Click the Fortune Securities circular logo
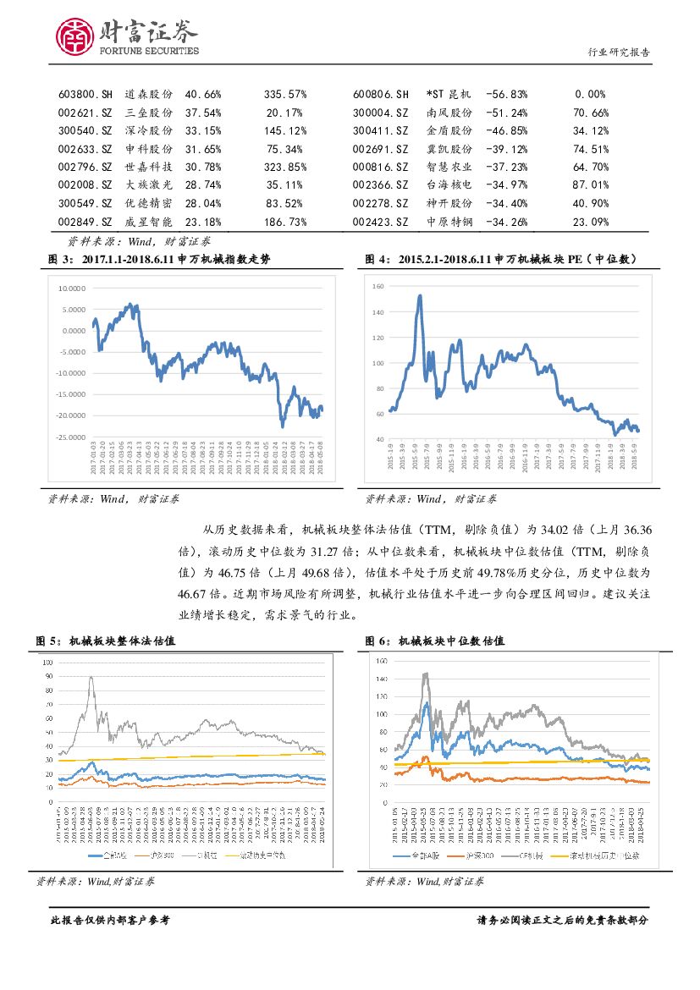(74, 36)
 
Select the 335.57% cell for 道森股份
(285, 94)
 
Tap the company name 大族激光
(148, 184)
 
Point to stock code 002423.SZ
(381, 223)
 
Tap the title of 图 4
(501, 258)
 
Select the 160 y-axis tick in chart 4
(378, 288)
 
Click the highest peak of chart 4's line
(420, 296)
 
